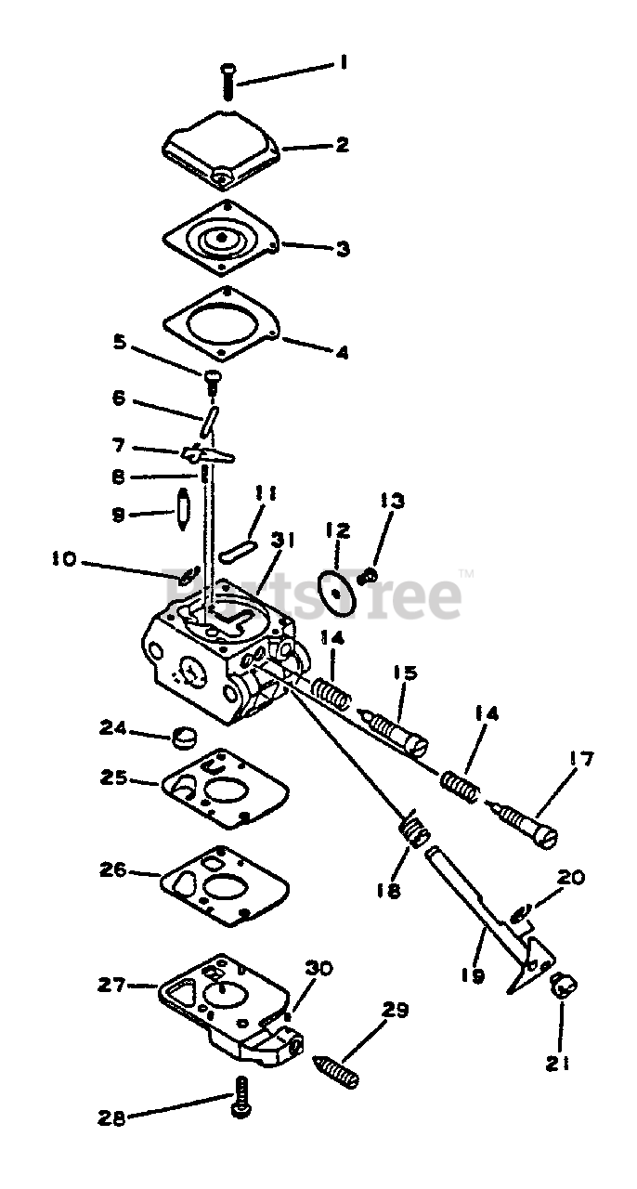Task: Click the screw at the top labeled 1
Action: [x=227, y=82]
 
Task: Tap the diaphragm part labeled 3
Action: [x=221, y=239]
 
